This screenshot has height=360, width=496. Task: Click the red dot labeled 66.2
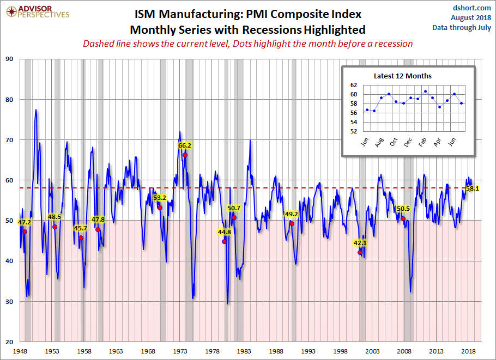pos(185,155)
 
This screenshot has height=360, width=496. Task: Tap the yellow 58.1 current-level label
pos(473,188)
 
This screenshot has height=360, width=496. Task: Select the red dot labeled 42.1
pos(360,252)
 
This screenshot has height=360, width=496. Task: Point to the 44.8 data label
pos(225,232)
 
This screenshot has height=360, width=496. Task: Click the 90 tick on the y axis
pos(9,59)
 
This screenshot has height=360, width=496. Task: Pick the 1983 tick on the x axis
pos(244,351)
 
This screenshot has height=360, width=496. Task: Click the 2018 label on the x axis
pos(469,351)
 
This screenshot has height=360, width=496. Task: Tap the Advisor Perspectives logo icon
pos(11,11)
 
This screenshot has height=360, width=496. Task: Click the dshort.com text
pos(472,8)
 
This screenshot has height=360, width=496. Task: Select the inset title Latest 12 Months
pos(403,76)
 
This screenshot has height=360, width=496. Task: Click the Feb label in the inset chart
pos(422,142)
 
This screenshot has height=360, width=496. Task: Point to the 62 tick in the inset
pos(354,85)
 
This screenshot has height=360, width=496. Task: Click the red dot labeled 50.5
pos(403,219)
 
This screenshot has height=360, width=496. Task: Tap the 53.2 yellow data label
pos(160,198)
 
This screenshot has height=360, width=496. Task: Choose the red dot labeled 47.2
pos(25,231)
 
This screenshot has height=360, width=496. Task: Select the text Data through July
pos(462,27)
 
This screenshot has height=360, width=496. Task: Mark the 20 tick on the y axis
pos(9,341)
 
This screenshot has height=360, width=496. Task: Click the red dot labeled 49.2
pos(292,223)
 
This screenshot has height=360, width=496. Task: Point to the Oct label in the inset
pos(394,142)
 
